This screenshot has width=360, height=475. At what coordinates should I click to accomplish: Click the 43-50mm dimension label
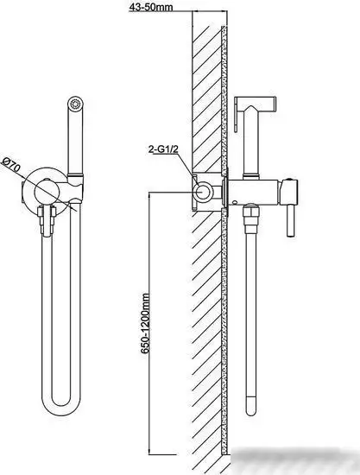click(151, 7)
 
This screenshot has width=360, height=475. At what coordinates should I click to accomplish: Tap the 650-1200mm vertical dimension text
click(146, 323)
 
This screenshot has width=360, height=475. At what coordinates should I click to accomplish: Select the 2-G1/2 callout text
click(163, 149)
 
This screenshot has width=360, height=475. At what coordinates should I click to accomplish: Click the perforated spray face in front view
click(75, 104)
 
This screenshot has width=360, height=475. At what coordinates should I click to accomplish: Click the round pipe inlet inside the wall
click(203, 192)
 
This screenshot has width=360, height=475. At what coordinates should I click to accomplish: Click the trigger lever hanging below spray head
click(237, 117)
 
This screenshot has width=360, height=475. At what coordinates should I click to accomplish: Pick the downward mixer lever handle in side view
click(290, 220)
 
